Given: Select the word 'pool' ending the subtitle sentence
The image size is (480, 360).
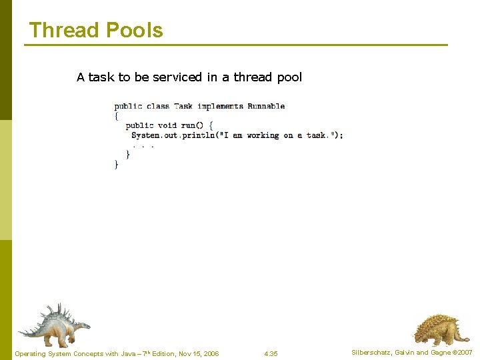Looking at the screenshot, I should click(x=289, y=77).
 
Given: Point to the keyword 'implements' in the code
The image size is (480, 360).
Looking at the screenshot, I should click(x=221, y=106).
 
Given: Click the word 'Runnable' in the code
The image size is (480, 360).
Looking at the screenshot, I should click(x=266, y=106).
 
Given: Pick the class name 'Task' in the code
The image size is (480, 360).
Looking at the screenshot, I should click(x=183, y=106).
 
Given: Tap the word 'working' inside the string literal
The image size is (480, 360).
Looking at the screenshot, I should click(x=263, y=135).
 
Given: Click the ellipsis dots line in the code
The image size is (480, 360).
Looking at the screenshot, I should click(x=143, y=145).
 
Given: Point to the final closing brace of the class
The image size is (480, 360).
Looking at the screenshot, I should click(x=117, y=164).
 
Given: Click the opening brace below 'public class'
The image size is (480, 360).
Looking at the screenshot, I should click(x=117, y=115).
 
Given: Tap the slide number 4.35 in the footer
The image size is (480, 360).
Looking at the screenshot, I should click(x=271, y=353).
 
